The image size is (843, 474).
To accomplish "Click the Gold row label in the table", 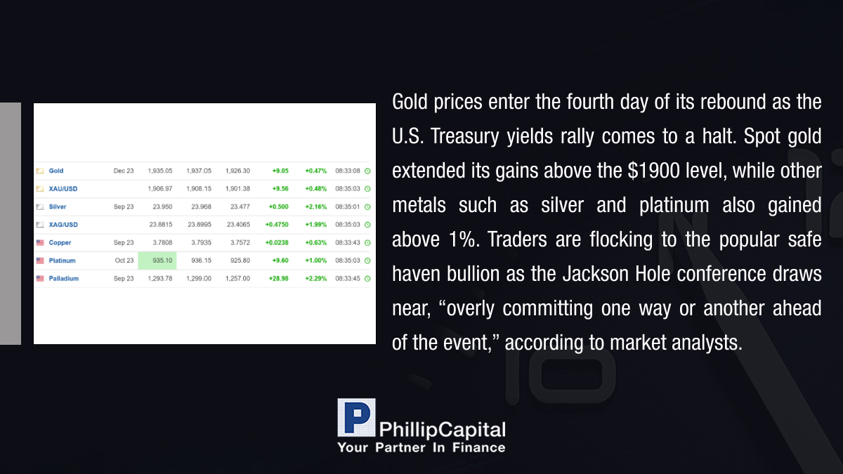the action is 56,171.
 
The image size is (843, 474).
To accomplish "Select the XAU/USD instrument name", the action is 63,189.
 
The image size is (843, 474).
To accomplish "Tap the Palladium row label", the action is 64,278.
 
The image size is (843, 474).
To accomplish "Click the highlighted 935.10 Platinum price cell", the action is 157,261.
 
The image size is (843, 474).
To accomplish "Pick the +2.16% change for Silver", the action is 315,206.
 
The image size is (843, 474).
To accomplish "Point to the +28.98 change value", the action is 278,278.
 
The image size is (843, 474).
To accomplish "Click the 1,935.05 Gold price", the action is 160,171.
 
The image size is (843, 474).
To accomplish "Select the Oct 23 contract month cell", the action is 124,261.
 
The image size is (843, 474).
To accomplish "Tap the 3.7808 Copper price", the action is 162,243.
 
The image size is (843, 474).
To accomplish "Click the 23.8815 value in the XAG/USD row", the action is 161,225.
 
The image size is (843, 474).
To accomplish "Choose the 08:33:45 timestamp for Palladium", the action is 348,278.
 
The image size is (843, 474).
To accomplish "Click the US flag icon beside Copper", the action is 40,243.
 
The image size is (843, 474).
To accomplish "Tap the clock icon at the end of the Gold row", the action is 367,171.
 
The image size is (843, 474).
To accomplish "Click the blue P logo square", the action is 356,417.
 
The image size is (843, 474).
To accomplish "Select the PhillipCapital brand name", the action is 442,430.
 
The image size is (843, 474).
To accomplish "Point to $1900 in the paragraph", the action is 654,171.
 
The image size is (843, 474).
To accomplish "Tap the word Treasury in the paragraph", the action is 465,136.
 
